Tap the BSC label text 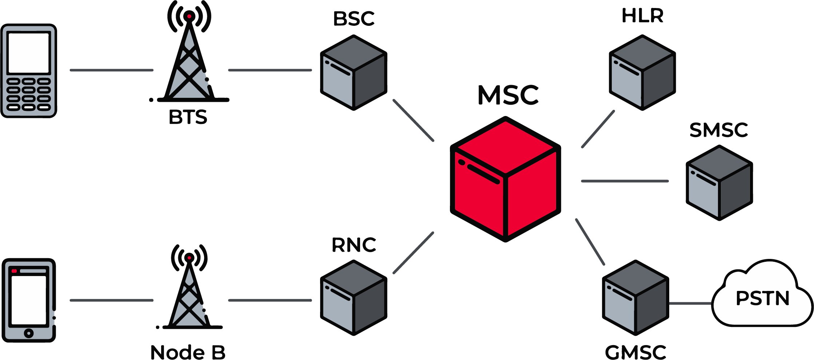(x=354, y=19)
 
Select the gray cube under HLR (x=642, y=73)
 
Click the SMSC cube (x=719, y=183)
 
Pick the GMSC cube (x=635, y=298)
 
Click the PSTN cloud (x=762, y=298)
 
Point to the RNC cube (x=354, y=298)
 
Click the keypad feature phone (x=29, y=71)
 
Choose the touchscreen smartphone (x=29, y=300)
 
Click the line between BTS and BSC (x=270, y=70)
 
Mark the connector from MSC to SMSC (x=625, y=181)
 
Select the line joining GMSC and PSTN (x=690, y=303)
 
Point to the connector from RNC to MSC (x=414, y=253)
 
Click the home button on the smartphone (x=29, y=333)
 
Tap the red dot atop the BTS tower (x=189, y=16)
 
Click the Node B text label (x=188, y=352)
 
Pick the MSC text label (x=508, y=95)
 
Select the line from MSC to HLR (x=598, y=129)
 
